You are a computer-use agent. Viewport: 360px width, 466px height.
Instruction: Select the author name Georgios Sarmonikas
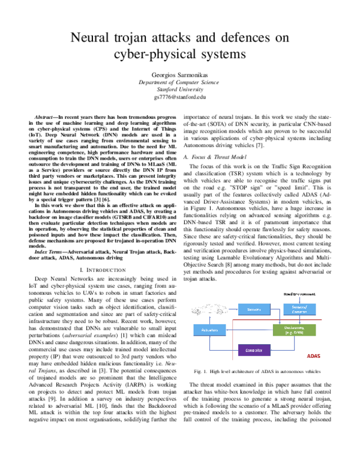coord(179,75)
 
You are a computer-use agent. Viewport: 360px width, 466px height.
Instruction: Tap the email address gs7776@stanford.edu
coord(179,96)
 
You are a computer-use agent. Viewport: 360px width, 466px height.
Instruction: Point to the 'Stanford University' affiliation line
coord(179,89)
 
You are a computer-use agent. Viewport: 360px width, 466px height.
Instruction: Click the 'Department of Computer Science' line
coord(179,82)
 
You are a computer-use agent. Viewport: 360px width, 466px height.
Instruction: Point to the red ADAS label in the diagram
coord(313,356)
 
